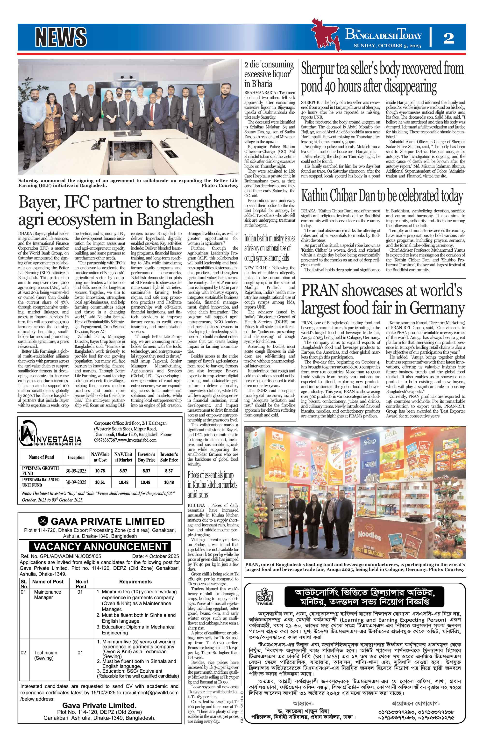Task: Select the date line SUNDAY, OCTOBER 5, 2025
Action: [x=387, y=46]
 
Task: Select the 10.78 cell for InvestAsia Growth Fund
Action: [x=100, y=470]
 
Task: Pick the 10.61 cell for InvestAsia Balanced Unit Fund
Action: [x=100, y=482]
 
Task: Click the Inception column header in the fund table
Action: [x=76, y=457]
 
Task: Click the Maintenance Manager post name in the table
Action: [x=48, y=595]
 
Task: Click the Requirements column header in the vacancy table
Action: [x=135, y=582]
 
